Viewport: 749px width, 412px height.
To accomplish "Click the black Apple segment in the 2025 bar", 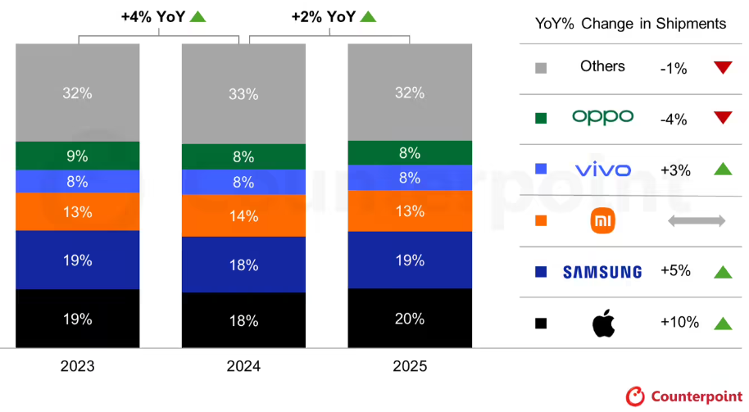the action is [x=410, y=318].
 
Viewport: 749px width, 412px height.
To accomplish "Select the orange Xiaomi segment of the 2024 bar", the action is [x=243, y=215].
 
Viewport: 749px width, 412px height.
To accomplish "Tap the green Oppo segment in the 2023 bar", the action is [x=77, y=156].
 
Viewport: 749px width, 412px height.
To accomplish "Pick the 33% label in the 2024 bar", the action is [x=243, y=94].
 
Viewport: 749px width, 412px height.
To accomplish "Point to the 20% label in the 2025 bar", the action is [x=410, y=319].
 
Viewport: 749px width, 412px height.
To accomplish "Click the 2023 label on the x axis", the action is [x=77, y=366].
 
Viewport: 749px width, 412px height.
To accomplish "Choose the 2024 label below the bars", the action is [x=243, y=366].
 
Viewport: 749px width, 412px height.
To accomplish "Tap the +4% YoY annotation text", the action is [x=153, y=16].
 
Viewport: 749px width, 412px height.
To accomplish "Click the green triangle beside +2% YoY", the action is [x=368, y=16].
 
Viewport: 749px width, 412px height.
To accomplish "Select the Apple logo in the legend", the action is [x=603, y=324].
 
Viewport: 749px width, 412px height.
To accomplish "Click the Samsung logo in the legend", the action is [x=602, y=272].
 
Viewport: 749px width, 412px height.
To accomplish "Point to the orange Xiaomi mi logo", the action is [x=603, y=221].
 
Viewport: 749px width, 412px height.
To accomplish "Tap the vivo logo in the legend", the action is [x=603, y=170].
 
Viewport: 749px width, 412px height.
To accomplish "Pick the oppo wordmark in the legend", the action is [x=603, y=117].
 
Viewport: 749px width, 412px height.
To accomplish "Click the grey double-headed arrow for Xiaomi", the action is [x=697, y=220].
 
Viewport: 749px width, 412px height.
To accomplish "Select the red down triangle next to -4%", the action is [x=723, y=117].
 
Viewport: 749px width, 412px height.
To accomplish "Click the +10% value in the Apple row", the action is [x=679, y=323].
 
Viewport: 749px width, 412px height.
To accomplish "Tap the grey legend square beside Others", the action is [x=541, y=68].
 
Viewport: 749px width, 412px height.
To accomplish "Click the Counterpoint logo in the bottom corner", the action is [x=684, y=396].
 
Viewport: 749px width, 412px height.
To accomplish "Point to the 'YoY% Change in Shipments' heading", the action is [x=630, y=24].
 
